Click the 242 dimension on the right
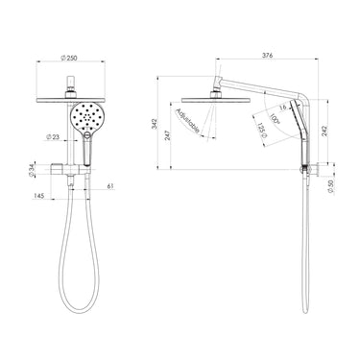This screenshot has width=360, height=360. (333, 132)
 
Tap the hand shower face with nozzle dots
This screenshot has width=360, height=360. (86, 119)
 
